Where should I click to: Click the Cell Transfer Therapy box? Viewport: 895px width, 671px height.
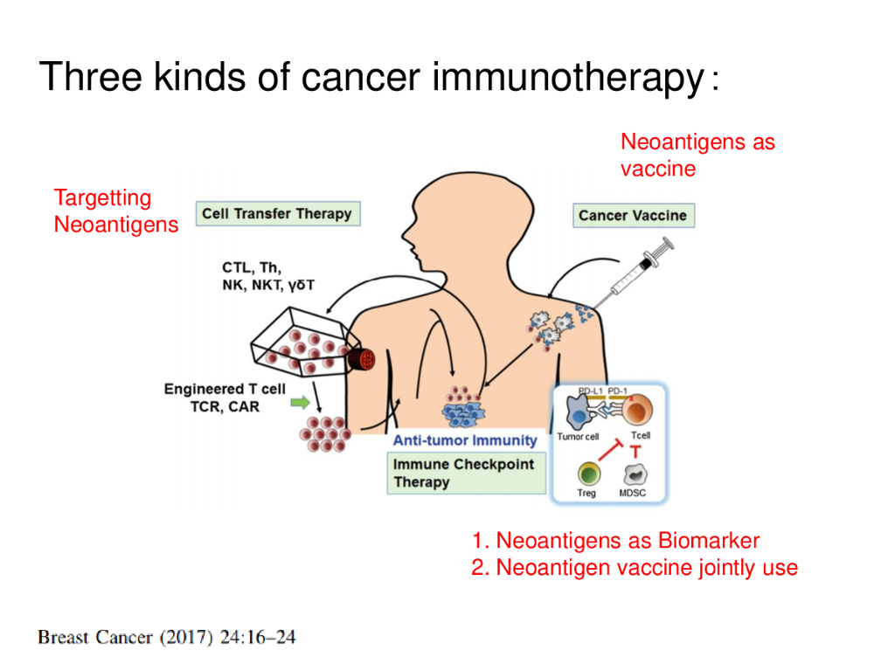click(276, 214)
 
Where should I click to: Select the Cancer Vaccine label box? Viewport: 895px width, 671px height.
click(633, 216)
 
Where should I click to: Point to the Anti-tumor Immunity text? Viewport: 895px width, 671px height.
click(464, 440)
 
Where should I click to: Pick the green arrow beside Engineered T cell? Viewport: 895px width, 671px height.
click(299, 403)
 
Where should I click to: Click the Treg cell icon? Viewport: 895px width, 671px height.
click(587, 474)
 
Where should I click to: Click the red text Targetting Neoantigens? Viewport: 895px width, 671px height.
click(115, 211)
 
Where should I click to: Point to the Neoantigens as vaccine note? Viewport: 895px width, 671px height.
click(697, 155)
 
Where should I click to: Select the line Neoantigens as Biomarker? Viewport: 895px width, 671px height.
click(615, 541)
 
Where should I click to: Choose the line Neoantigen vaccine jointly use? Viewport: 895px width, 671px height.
click(635, 568)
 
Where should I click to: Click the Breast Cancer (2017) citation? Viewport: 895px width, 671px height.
click(166, 637)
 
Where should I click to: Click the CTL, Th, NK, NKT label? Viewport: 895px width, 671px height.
click(267, 276)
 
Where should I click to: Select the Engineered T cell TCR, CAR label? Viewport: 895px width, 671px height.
click(225, 398)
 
